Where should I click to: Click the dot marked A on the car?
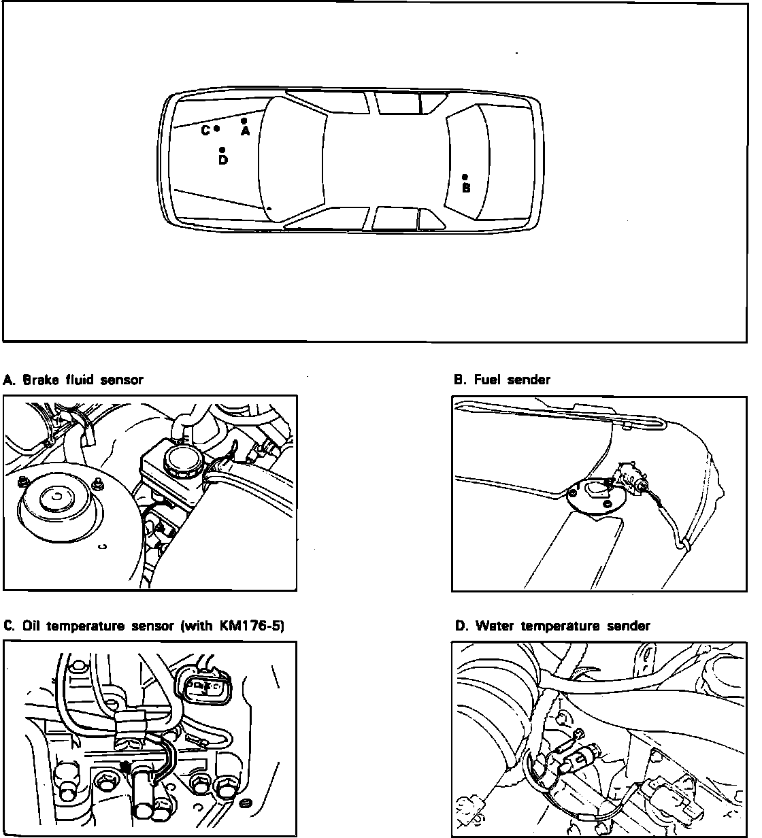click(x=244, y=120)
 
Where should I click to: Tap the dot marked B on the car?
click(x=465, y=177)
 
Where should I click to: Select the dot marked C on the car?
click(x=216, y=128)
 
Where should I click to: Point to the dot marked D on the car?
click(x=222, y=150)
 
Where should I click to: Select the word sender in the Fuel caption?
click(x=529, y=380)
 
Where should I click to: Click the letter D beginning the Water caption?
click(x=461, y=626)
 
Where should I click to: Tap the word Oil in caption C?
click(x=31, y=626)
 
